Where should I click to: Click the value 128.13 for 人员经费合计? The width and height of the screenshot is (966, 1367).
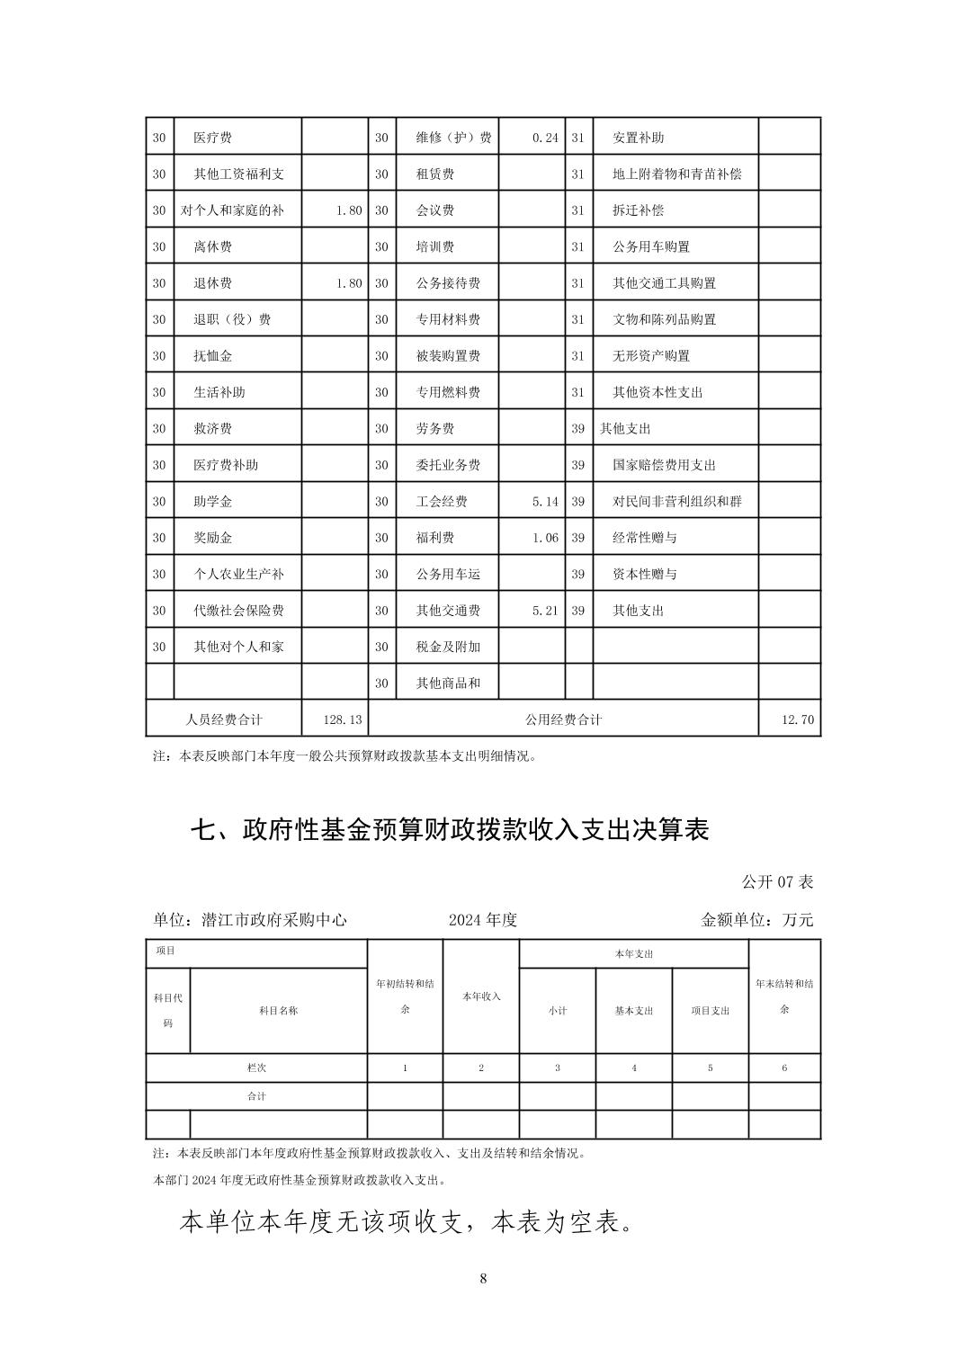[x=343, y=719]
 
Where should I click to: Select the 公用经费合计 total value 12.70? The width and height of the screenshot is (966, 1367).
[x=799, y=719]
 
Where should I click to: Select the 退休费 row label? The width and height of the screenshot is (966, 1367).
[x=212, y=283]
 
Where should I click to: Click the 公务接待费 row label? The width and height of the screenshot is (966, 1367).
[x=448, y=283]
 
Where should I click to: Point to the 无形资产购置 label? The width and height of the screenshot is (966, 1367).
[x=651, y=356]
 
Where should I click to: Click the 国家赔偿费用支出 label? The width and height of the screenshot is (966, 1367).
[x=664, y=465]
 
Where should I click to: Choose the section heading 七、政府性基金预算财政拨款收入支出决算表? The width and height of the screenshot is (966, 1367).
[x=450, y=829]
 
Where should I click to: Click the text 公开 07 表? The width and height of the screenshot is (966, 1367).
[x=777, y=882]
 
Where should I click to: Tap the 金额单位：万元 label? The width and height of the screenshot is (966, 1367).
[x=756, y=920]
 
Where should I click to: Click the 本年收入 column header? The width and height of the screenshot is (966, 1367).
[x=481, y=996]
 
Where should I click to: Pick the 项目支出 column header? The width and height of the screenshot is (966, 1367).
[x=711, y=1011]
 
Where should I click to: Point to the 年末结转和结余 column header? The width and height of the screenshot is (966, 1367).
[x=784, y=996]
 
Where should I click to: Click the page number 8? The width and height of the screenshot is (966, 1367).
[x=483, y=1279]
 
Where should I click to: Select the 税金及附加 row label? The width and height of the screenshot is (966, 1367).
[x=448, y=647]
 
